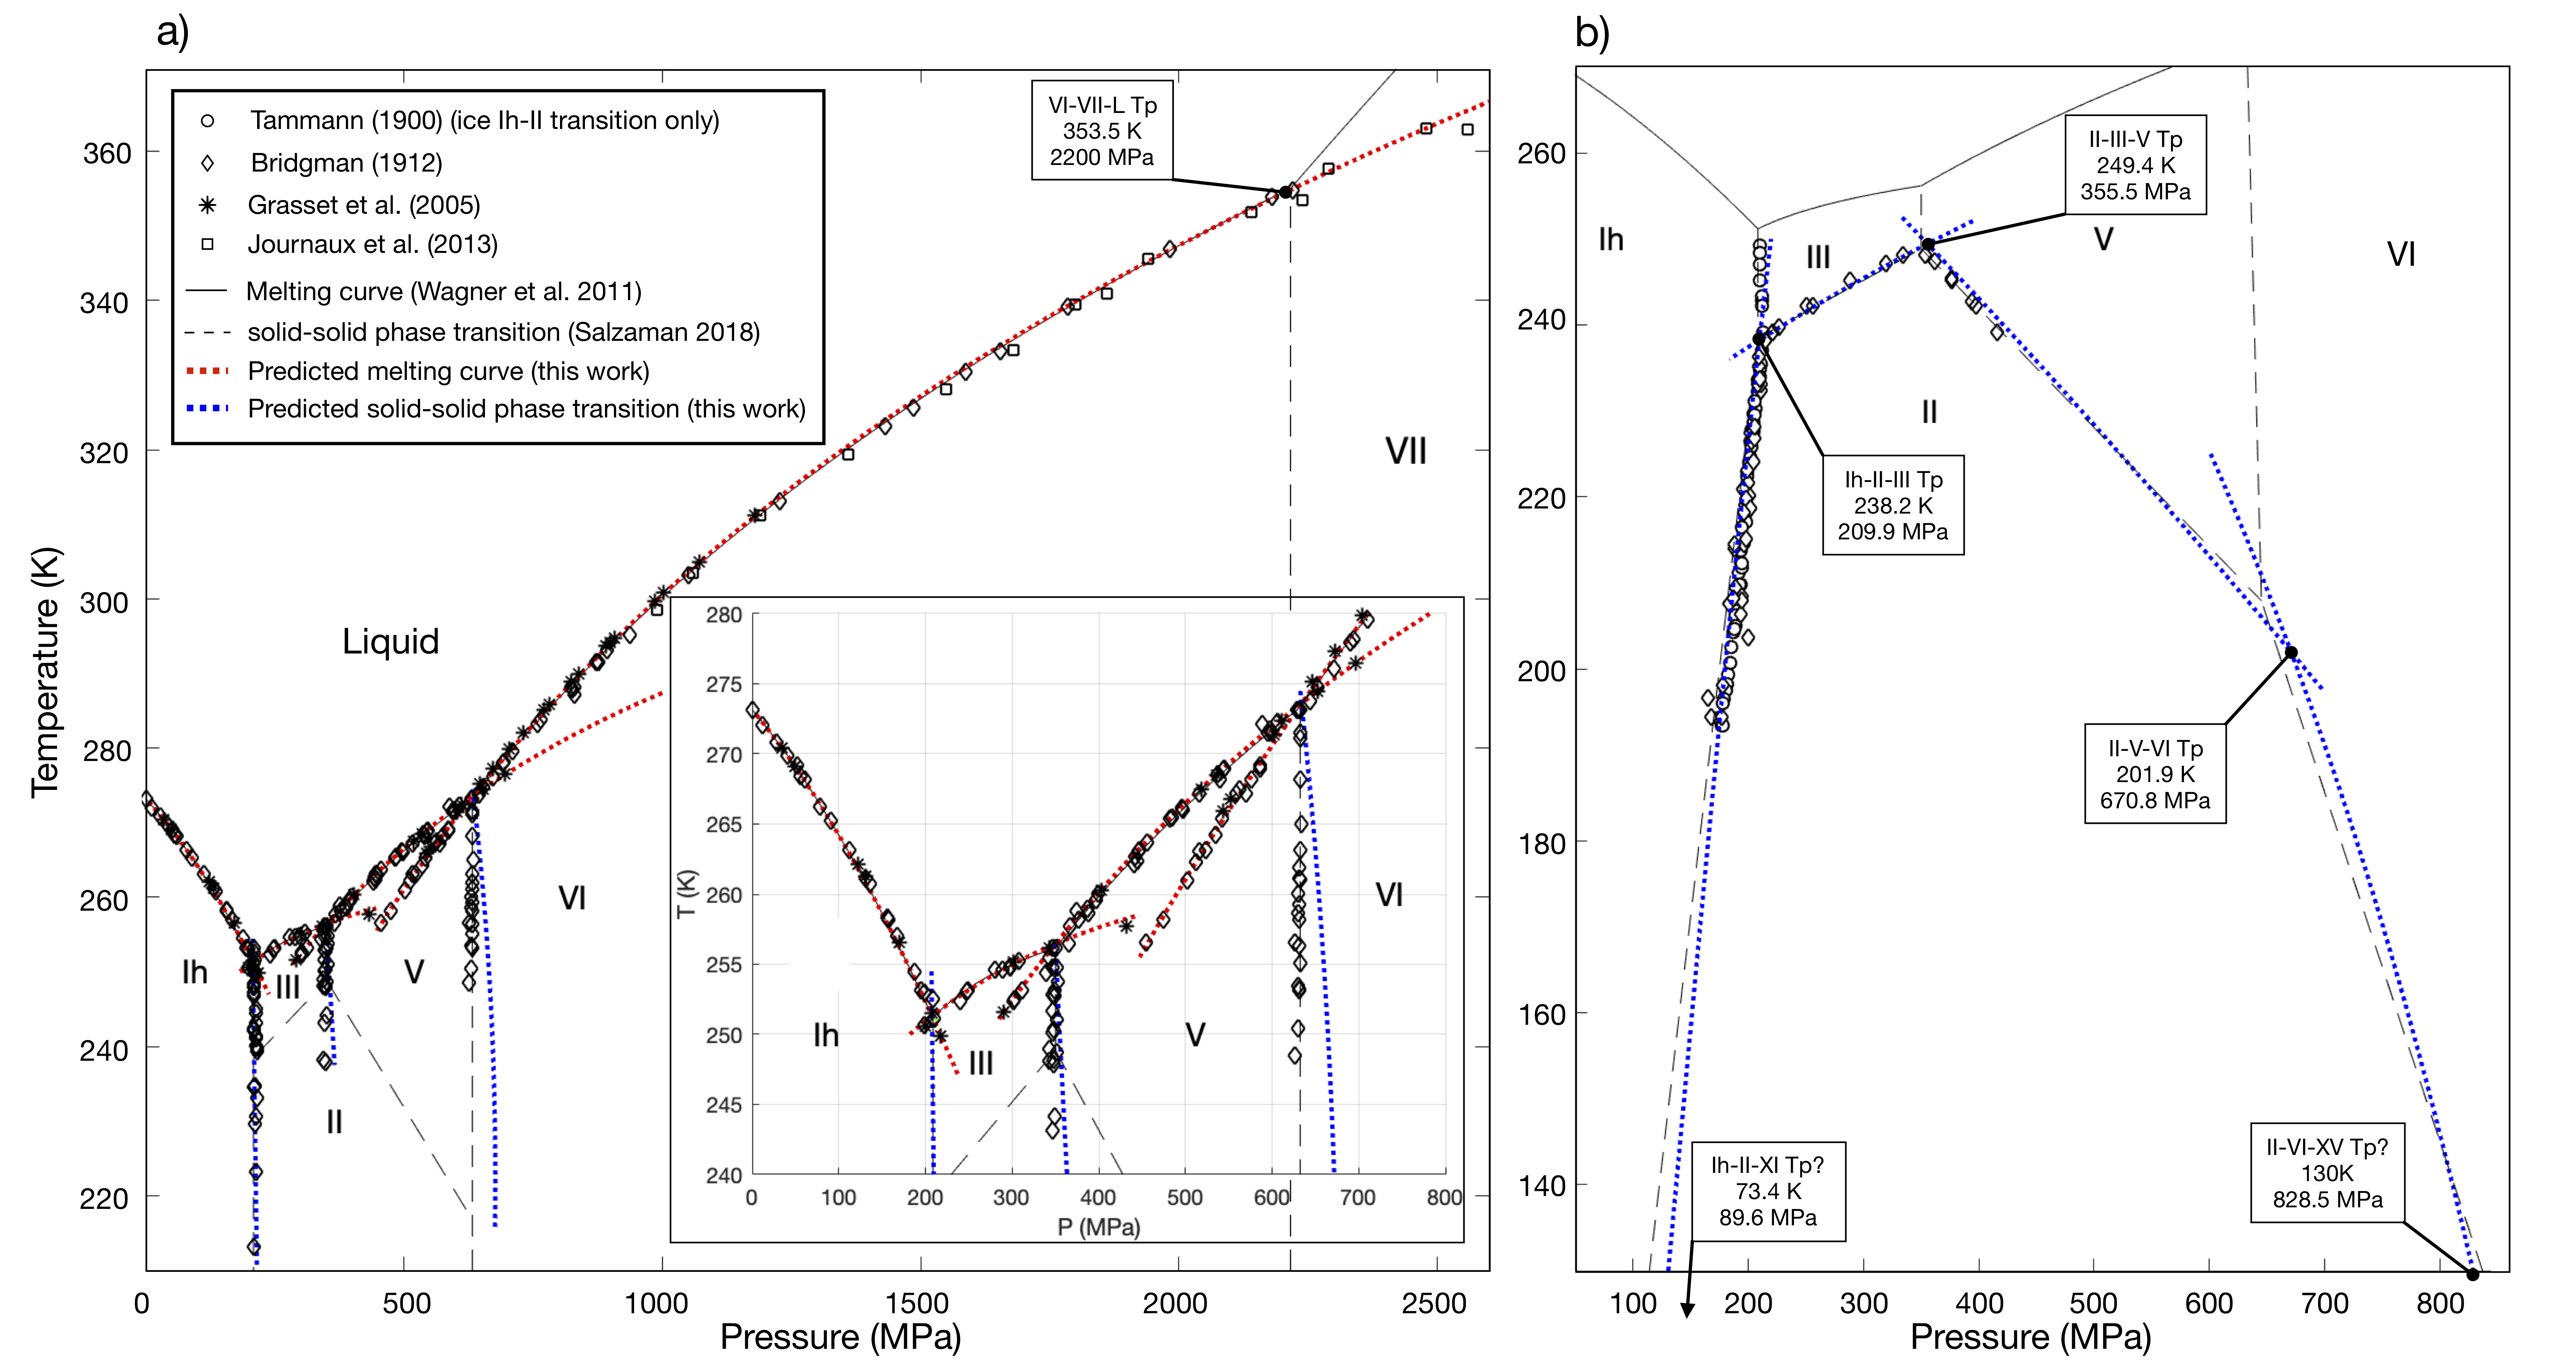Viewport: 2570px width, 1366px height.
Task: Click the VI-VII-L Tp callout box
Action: (x=1102, y=131)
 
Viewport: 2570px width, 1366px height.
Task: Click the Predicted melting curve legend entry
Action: (x=448, y=371)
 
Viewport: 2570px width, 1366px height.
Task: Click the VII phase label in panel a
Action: (x=1405, y=452)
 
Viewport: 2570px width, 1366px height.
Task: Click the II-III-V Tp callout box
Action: (x=2135, y=166)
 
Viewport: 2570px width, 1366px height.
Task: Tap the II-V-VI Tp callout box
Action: (x=2155, y=774)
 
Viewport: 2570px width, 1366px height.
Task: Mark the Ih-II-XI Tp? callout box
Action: (x=1768, y=1191)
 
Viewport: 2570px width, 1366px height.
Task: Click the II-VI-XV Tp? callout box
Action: (x=2327, y=1173)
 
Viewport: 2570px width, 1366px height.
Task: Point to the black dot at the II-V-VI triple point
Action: (x=2292, y=653)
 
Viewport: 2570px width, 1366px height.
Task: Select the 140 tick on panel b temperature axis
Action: (x=1542, y=1186)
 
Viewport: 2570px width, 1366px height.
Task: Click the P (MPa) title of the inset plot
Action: (x=1098, y=1226)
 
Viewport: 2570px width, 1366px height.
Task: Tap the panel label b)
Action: (x=1592, y=33)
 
